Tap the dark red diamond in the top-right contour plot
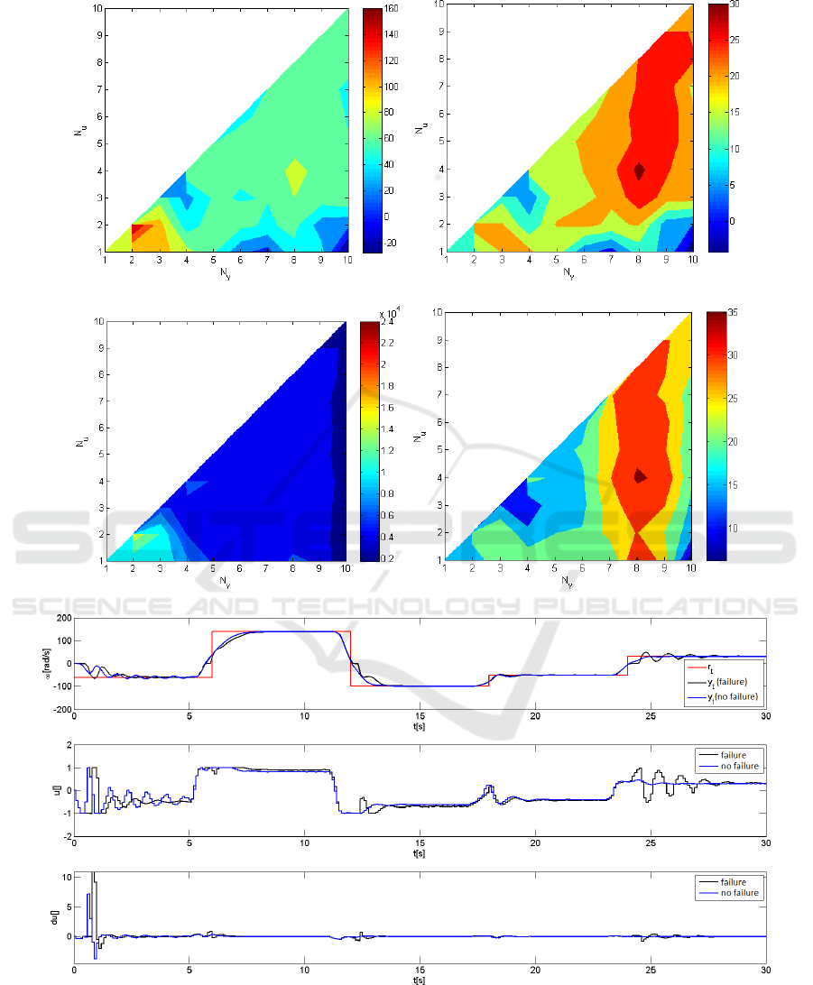665,170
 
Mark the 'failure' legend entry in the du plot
734,881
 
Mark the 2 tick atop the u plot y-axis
67,745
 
